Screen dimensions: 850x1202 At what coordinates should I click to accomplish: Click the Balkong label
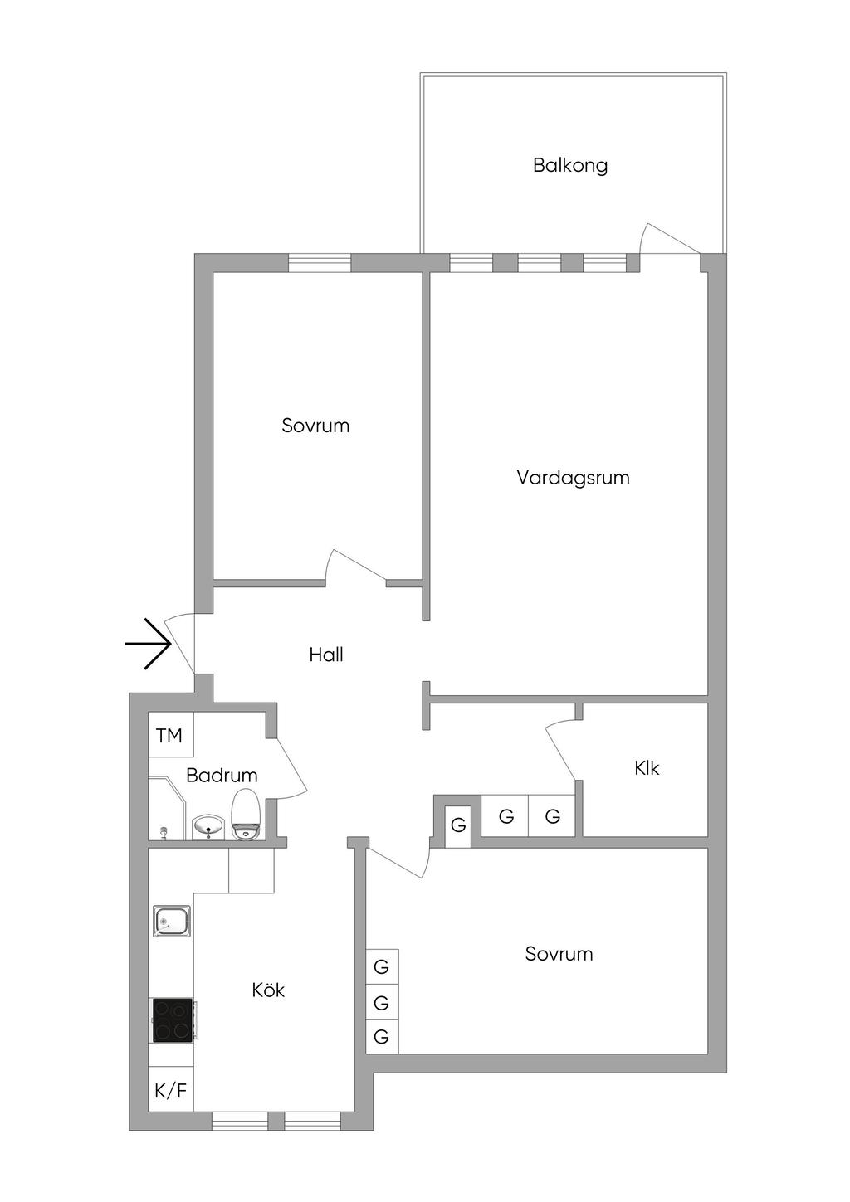tap(570, 165)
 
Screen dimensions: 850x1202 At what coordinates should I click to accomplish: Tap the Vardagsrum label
tap(573, 478)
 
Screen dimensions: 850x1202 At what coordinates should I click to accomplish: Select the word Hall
tap(326, 655)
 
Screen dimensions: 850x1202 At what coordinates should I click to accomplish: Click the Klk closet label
tap(647, 768)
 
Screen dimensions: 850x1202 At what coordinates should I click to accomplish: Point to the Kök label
tap(269, 990)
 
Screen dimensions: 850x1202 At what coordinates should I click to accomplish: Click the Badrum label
tap(222, 776)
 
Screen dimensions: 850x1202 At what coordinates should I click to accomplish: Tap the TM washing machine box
tap(170, 735)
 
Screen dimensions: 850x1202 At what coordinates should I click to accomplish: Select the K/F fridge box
tap(171, 1091)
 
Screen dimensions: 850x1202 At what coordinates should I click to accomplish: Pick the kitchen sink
tap(172, 922)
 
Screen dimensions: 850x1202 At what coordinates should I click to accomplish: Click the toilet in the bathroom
tap(246, 815)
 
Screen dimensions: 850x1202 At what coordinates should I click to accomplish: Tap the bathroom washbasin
tap(208, 826)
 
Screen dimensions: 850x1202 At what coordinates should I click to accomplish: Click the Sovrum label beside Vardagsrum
tap(315, 426)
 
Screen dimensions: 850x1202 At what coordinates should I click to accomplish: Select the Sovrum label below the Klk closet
tap(559, 954)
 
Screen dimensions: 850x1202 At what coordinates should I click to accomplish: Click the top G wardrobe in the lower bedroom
tap(382, 966)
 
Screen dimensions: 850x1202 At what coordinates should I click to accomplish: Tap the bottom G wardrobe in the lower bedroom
tap(382, 1036)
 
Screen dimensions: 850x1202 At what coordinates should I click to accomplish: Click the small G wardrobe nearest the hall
tap(458, 825)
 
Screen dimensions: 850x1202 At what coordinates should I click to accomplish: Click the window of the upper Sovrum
tap(320, 262)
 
